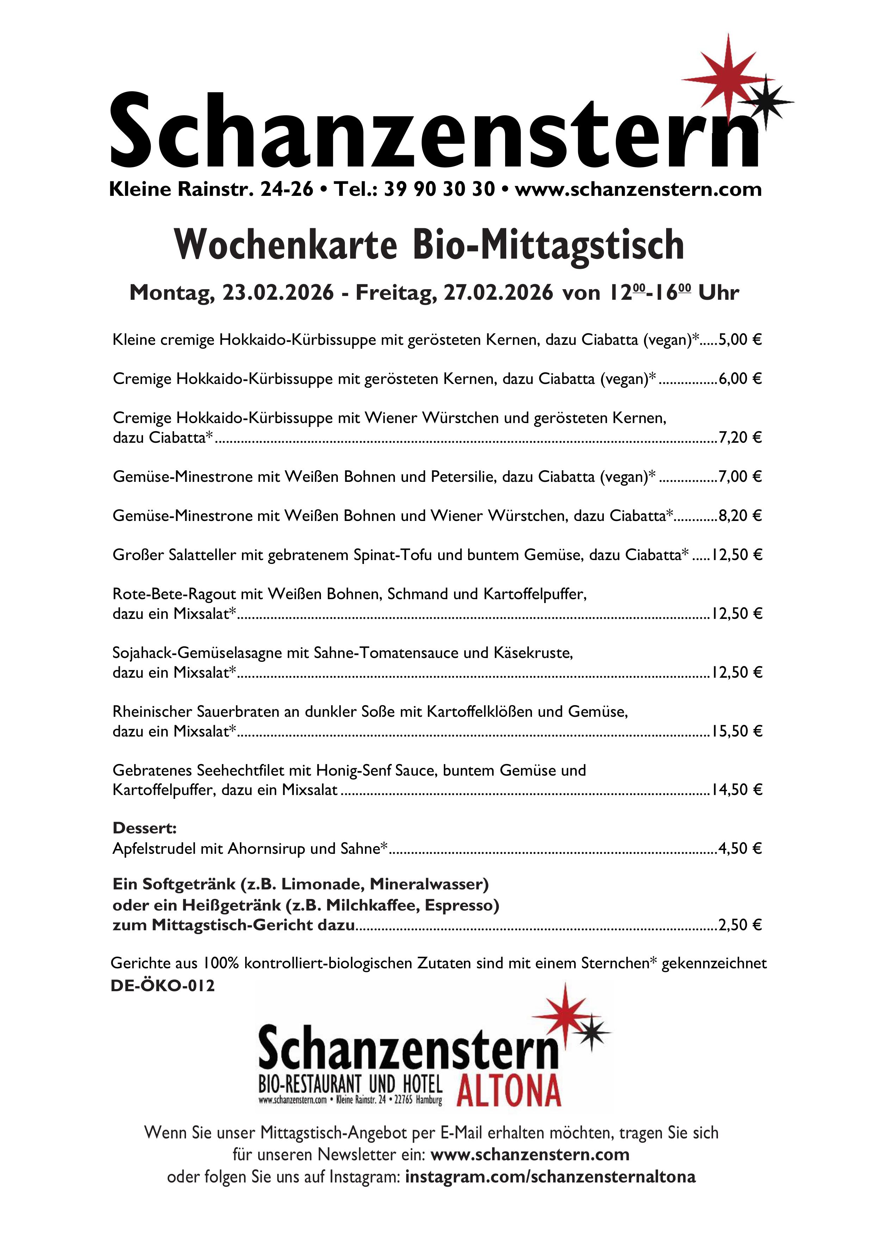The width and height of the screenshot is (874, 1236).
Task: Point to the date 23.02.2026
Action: pos(278,292)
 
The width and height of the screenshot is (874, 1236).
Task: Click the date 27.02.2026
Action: pos(498,292)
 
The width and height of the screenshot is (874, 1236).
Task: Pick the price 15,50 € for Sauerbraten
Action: pos(737,731)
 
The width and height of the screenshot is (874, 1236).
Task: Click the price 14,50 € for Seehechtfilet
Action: pos(737,790)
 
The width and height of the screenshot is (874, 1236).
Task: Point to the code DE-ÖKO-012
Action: pos(163,986)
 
